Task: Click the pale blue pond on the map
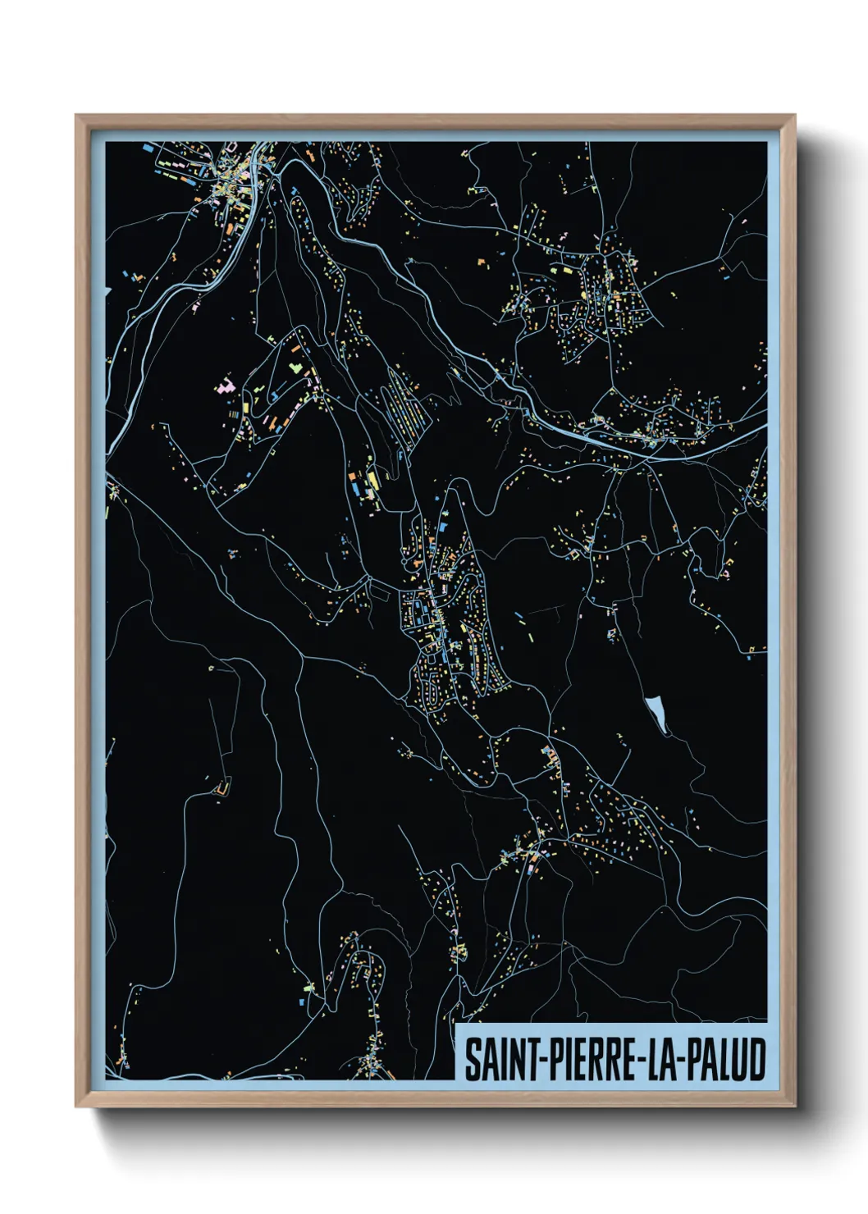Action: pyautogui.click(x=656, y=713)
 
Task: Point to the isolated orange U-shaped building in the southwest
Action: pyautogui.click(x=220, y=788)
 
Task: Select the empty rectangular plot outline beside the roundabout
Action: pyautogui.click(x=381, y=586)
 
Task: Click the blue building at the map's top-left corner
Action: pyautogui.click(x=147, y=148)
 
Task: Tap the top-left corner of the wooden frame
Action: pyautogui.click(x=76, y=116)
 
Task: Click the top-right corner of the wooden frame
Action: pyautogui.click(x=794, y=116)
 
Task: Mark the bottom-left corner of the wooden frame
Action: pyautogui.click(x=76, y=1107)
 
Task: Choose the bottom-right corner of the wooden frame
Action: pyautogui.click(x=794, y=1107)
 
